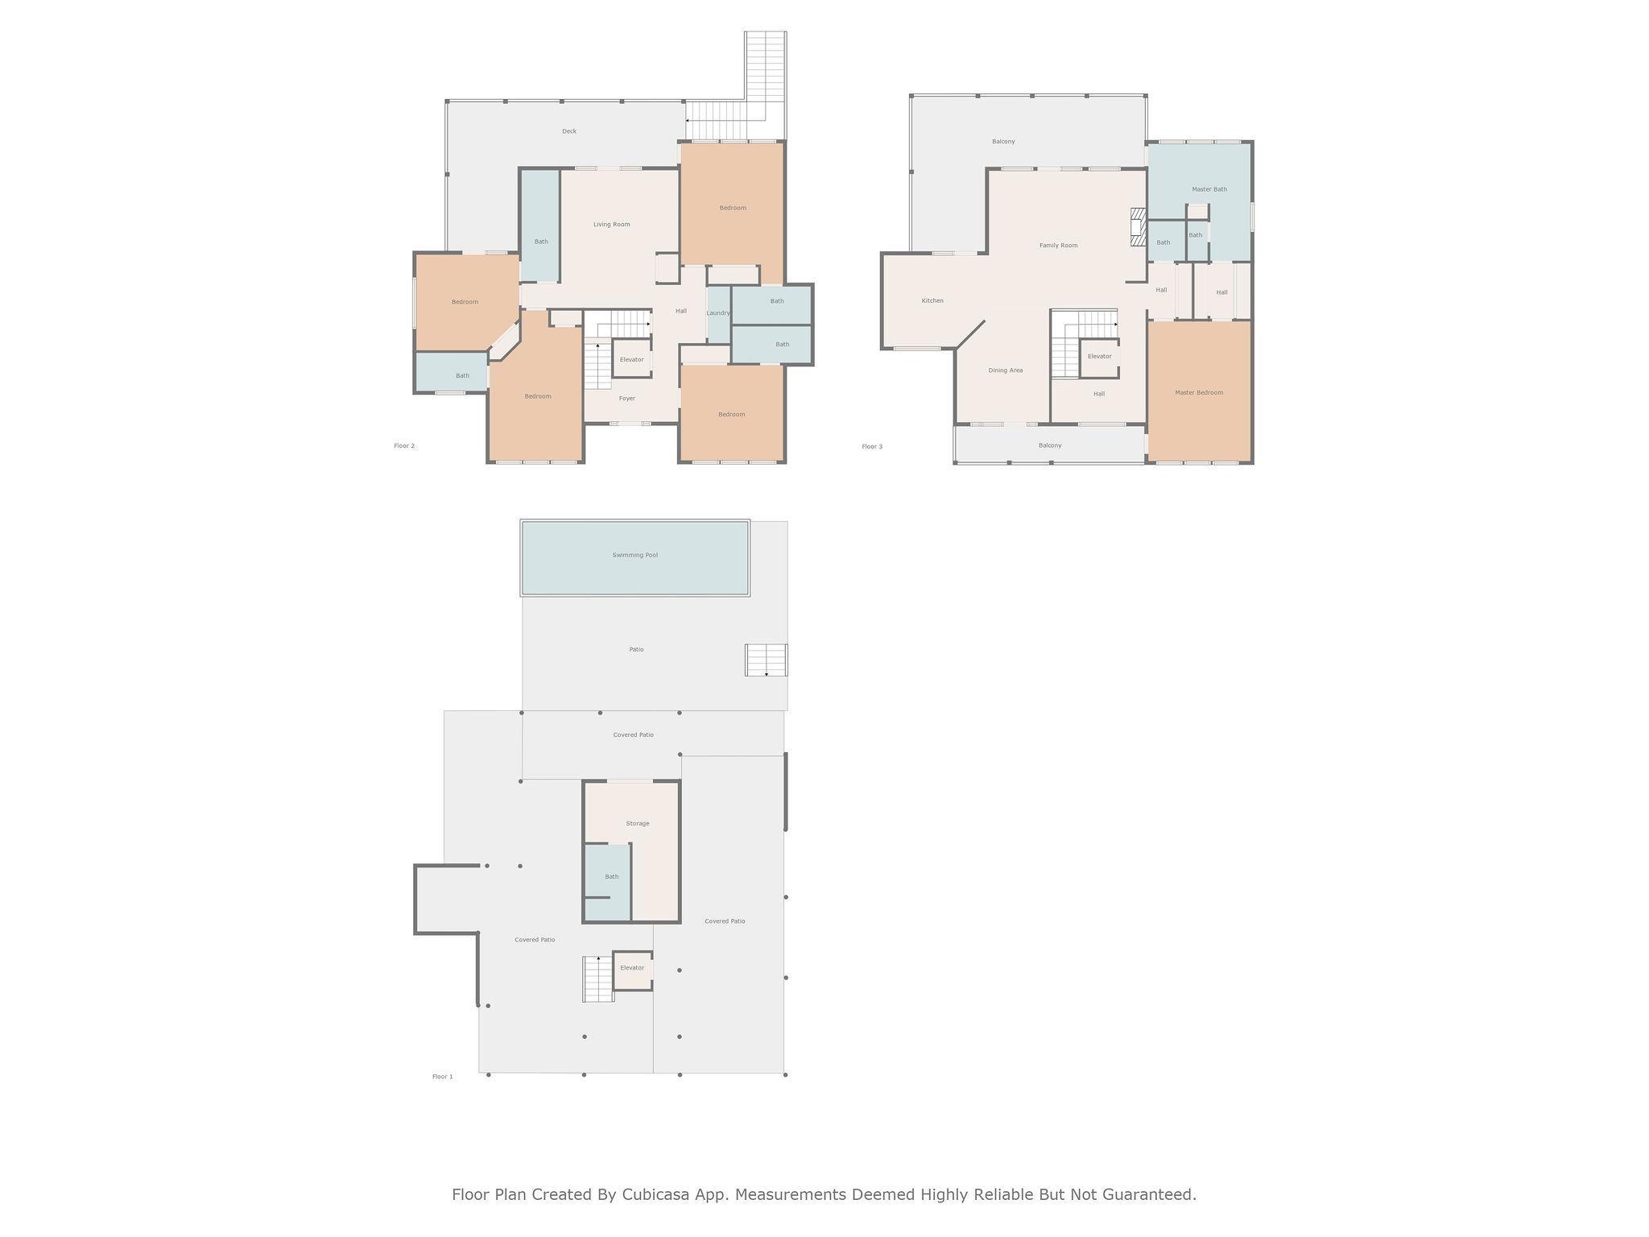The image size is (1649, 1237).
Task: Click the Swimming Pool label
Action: pyautogui.click(x=634, y=555)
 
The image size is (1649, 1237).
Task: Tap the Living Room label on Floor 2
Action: pyautogui.click(x=611, y=224)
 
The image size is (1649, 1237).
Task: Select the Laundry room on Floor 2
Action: pyautogui.click(x=718, y=313)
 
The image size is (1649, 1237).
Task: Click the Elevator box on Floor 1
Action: pyautogui.click(x=632, y=970)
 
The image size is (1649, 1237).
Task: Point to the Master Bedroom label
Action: pyautogui.click(x=1199, y=392)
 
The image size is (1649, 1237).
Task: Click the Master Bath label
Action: pyautogui.click(x=1209, y=189)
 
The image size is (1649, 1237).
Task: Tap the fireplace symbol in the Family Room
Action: pyautogui.click(x=1138, y=227)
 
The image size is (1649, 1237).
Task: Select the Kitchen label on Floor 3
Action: pyautogui.click(x=932, y=300)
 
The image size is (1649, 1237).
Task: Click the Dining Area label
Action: pyautogui.click(x=1006, y=370)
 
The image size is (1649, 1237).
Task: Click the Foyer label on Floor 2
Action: pyautogui.click(x=627, y=399)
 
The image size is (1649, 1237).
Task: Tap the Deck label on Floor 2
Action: pyautogui.click(x=569, y=131)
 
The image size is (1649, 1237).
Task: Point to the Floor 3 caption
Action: pyautogui.click(x=872, y=446)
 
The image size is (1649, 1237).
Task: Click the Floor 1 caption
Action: pyautogui.click(x=443, y=1077)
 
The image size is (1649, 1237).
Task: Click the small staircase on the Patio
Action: pyautogui.click(x=766, y=660)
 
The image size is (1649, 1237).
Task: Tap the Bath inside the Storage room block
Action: pyautogui.click(x=608, y=882)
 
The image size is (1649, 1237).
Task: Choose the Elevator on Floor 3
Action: pyautogui.click(x=1099, y=358)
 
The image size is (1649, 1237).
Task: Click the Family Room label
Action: pyautogui.click(x=1058, y=245)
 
